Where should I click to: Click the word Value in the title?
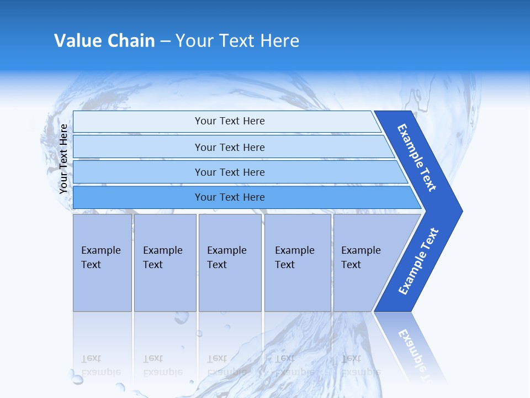tap(76, 41)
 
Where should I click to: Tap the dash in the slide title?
tap(165, 41)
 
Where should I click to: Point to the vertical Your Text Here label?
tap(63, 159)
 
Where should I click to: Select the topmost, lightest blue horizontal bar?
tap(229, 121)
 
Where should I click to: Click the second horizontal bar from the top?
tap(229, 147)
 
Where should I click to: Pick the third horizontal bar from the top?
tap(229, 172)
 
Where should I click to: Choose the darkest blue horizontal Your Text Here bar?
tap(229, 197)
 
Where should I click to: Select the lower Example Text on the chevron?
tap(418, 261)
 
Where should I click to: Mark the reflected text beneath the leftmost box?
tap(100, 365)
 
